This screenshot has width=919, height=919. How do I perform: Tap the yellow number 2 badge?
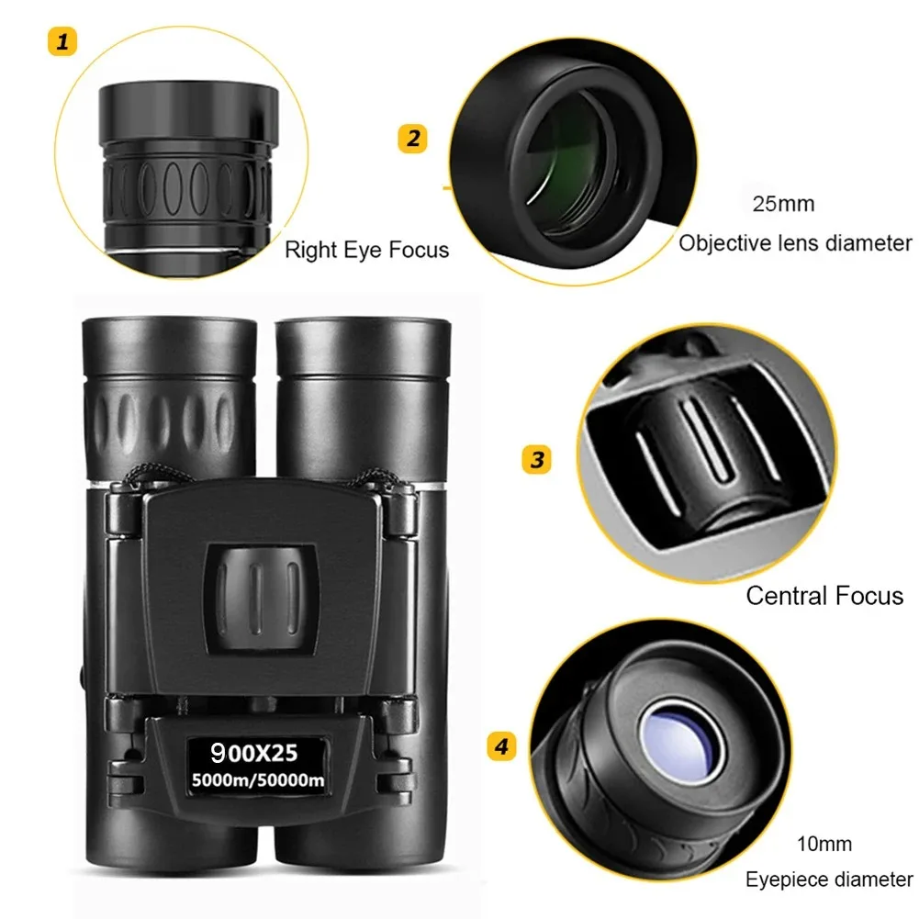click(x=413, y=139)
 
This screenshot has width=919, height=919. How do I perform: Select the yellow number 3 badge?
click(x=537, y=458)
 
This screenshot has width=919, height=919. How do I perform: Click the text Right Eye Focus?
click(x=366, y=249)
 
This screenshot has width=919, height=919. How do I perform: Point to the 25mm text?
click(x=783, y=203)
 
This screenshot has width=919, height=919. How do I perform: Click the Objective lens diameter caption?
click(x=795, y=243)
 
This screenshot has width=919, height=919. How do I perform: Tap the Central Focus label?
click(x=824, y=596)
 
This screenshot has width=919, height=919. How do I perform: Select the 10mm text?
click(x=825, y=844)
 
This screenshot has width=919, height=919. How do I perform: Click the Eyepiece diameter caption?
click(x=829, y=880)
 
